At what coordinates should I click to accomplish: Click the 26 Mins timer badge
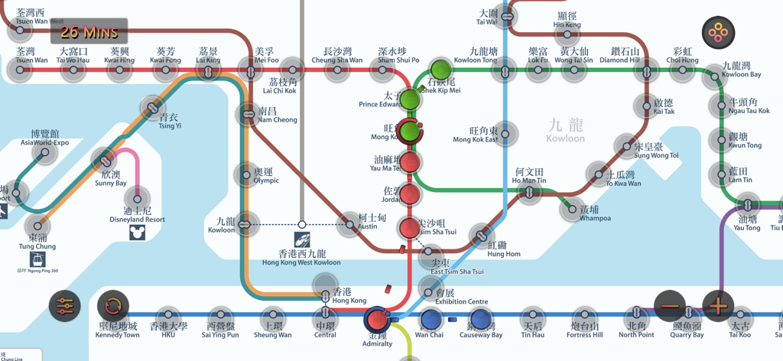pos(89,31)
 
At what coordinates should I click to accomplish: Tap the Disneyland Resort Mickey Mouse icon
pos(137,232)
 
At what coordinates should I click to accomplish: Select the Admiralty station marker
pos(377,320)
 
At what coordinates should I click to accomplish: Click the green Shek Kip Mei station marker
pos(440,70)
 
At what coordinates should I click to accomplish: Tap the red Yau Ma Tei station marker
pos(410,162)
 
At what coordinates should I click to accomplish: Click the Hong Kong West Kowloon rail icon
pos(302,239)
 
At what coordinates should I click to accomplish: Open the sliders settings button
pos(64,306)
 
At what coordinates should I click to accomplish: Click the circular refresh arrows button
pos(112,306)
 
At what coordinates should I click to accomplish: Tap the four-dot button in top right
pos(718,33)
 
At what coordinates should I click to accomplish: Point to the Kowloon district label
pos(566,129)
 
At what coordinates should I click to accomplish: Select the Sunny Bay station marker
pos(104,161)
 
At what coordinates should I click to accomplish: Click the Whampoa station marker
pos(571,208)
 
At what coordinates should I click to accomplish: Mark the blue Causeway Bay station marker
pos(480,318)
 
